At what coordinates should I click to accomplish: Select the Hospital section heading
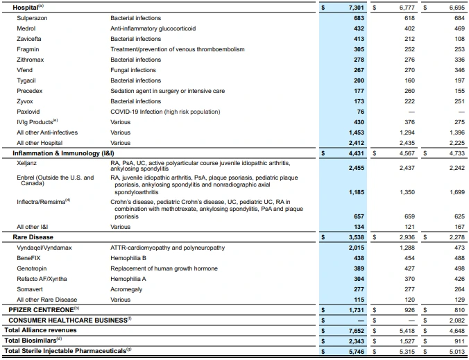tap(21, 7)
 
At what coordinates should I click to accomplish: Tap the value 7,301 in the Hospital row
tap(354, 7)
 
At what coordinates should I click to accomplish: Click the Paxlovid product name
tap(28, 112)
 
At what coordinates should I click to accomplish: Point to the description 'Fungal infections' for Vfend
tap(133, 70)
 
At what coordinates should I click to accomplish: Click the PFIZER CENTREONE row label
tap(42, 309)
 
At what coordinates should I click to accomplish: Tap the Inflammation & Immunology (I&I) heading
tap(54, 153)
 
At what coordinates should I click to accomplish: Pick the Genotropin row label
tap(32, 268)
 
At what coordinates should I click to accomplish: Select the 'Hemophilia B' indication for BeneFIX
tap(128, 258)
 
